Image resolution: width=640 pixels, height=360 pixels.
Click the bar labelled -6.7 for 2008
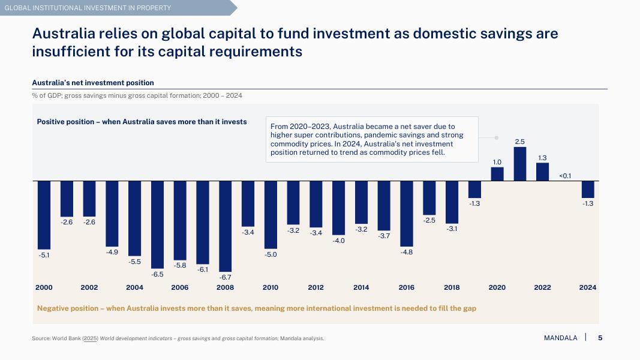pyautogui.click(x=226, y=226)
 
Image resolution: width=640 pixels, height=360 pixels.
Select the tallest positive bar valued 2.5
pyautogui.click(x=520, y=164)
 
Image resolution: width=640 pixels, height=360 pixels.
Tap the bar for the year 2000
pyautogui.click(x=44, y=214)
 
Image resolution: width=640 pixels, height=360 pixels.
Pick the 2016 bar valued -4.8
pyautogui.click(x=407, y=212)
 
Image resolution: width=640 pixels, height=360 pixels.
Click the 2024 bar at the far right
pyautogui.click(x=588, y=189)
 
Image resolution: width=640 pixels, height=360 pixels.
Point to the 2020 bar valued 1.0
pyautogui.click(x=497, y=173)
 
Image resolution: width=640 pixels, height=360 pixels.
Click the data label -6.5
pyautogui.click(x=157, y=274)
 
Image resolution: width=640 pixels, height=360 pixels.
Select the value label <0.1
pyautogui.click(x=565, y=176)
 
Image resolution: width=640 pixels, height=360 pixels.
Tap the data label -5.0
pyautogui.click(x=271, y=254)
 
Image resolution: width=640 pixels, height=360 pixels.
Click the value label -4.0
pyautogui.click(x=339, y=241)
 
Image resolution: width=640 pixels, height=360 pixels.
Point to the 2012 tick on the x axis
pyautogui.click(x=316, y=287)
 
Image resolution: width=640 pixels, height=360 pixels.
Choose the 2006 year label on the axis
pyautogui.click(x=180, y=287)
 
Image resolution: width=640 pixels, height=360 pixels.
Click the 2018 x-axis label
pyautogui.click(x=452, y=287)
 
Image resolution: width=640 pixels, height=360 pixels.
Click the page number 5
pyautogui.click(x=600, y=338)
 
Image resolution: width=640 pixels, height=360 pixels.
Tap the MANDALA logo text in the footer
pyautogui.click(x=560, y=338)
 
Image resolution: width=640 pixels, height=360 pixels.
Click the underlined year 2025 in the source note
pyautogui.click(x=90, y=338)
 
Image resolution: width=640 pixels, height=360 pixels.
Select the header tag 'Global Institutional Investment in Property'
pyautogui.click(x=88, y=8)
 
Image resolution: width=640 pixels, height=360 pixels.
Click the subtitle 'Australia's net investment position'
pyautogui.click(x=93, y=83)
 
